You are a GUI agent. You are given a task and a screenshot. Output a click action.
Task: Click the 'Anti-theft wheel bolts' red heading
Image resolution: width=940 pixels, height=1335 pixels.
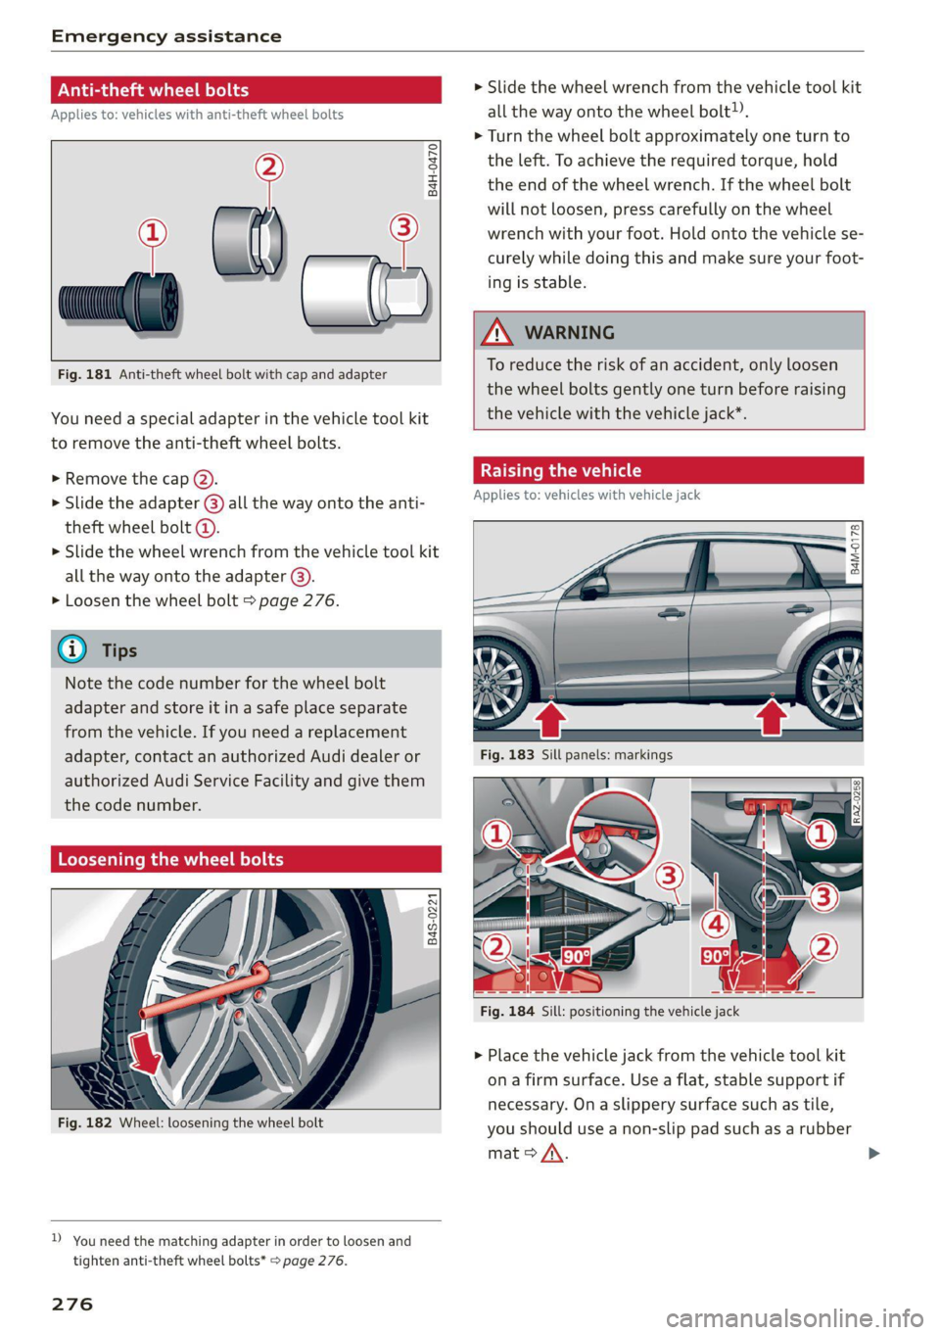pyautogui.click(x=154, y=90)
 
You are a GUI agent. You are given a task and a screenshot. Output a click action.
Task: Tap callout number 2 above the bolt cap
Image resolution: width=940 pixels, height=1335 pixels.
pyautogui.click(x=269, y=167)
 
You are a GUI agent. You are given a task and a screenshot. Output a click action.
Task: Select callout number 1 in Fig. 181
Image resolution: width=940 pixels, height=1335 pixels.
pyautogui.click(x=152, y=232)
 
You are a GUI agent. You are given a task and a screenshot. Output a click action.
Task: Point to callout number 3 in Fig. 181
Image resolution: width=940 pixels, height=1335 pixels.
pyautogui.click(x=403, y=227)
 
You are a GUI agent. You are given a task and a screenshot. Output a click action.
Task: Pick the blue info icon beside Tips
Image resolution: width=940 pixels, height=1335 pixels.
pyautogui.click(x=71, y=649)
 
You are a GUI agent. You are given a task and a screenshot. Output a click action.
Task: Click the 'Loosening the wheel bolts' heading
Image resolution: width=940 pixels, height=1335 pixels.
pyautogui.click(x=171, y=859)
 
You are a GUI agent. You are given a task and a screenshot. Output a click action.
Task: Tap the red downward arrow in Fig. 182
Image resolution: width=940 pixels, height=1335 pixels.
pyautogui.click(x=146, y=1052)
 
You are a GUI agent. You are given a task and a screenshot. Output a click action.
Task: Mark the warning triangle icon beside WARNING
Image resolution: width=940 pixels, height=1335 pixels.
pyautogui.click(x=497, y=332)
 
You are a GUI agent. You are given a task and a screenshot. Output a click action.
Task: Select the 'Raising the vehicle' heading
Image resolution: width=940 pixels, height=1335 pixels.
pyautogui.click(x=561, y=470)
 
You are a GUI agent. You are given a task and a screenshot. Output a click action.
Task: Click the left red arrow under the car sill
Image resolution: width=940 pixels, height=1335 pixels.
pyautogui.click(x=550, y=719)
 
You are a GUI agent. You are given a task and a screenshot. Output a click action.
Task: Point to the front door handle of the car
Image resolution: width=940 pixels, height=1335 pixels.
pyautogui.click(x=671, y=613)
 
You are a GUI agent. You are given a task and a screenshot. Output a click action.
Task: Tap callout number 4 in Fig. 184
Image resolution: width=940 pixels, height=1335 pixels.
pyautogui.click(x=717, y=923)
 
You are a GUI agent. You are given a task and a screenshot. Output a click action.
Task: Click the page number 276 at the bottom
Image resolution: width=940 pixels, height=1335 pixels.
pyautogui.click(x=72, y=1304)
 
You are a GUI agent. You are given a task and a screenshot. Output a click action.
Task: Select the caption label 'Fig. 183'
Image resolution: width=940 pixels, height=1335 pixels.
pyautogui.click(x=507, y=755)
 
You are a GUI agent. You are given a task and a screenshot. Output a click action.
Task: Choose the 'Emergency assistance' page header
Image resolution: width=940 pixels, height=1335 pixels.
pyautogui.click(x=166, y=36)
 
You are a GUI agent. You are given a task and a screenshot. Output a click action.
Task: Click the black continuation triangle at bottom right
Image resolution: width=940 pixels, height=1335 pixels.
pyautogui.click(x=873, y=1153)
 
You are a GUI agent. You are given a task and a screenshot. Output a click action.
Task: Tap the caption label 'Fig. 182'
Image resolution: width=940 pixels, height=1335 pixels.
pyautogui.click(x=85, y=1122)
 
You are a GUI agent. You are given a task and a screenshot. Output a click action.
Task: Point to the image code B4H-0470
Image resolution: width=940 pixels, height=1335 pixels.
pyautogui.click(x=433, y=169)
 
